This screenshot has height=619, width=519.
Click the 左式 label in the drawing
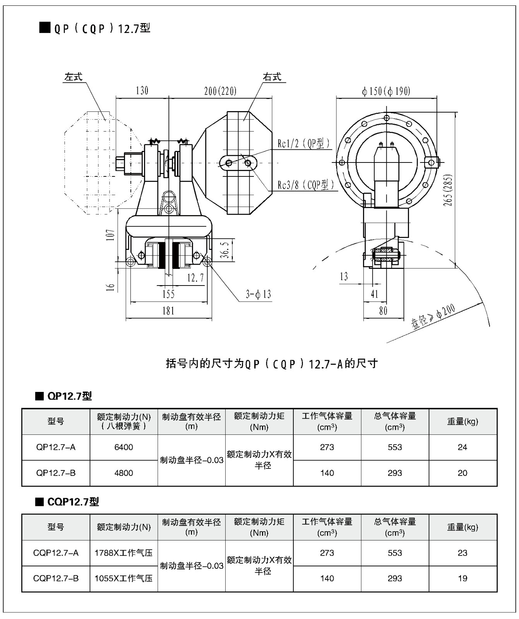(x=73, y=77)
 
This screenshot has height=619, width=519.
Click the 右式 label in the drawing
(x=272, y=77)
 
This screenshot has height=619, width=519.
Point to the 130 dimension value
(x=142, y=91)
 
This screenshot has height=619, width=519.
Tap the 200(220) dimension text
(x=220, y=91)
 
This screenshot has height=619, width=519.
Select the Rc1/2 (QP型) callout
(x=304, y=144)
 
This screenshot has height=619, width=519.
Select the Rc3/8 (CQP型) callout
(x=306, y=185)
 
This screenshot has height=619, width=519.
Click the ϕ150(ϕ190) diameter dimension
(x=386, y=91)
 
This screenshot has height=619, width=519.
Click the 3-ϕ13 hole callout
(x=258, y=294)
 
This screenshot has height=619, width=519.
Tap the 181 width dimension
(x=168, y=311)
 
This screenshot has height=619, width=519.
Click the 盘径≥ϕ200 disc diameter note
(x=433, y=317)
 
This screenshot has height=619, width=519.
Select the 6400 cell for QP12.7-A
(x=124, y=447)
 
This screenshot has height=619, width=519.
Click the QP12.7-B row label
(x=56, y=473)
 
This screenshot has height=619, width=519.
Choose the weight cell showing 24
(x=462, y=447)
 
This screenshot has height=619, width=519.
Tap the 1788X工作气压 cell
(x=124, y=553)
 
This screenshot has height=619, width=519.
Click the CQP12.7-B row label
(x=56, y=578)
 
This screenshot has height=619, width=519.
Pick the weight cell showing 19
(x=462, y=578)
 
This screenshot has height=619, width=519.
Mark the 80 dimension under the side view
(x=383, y=311)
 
